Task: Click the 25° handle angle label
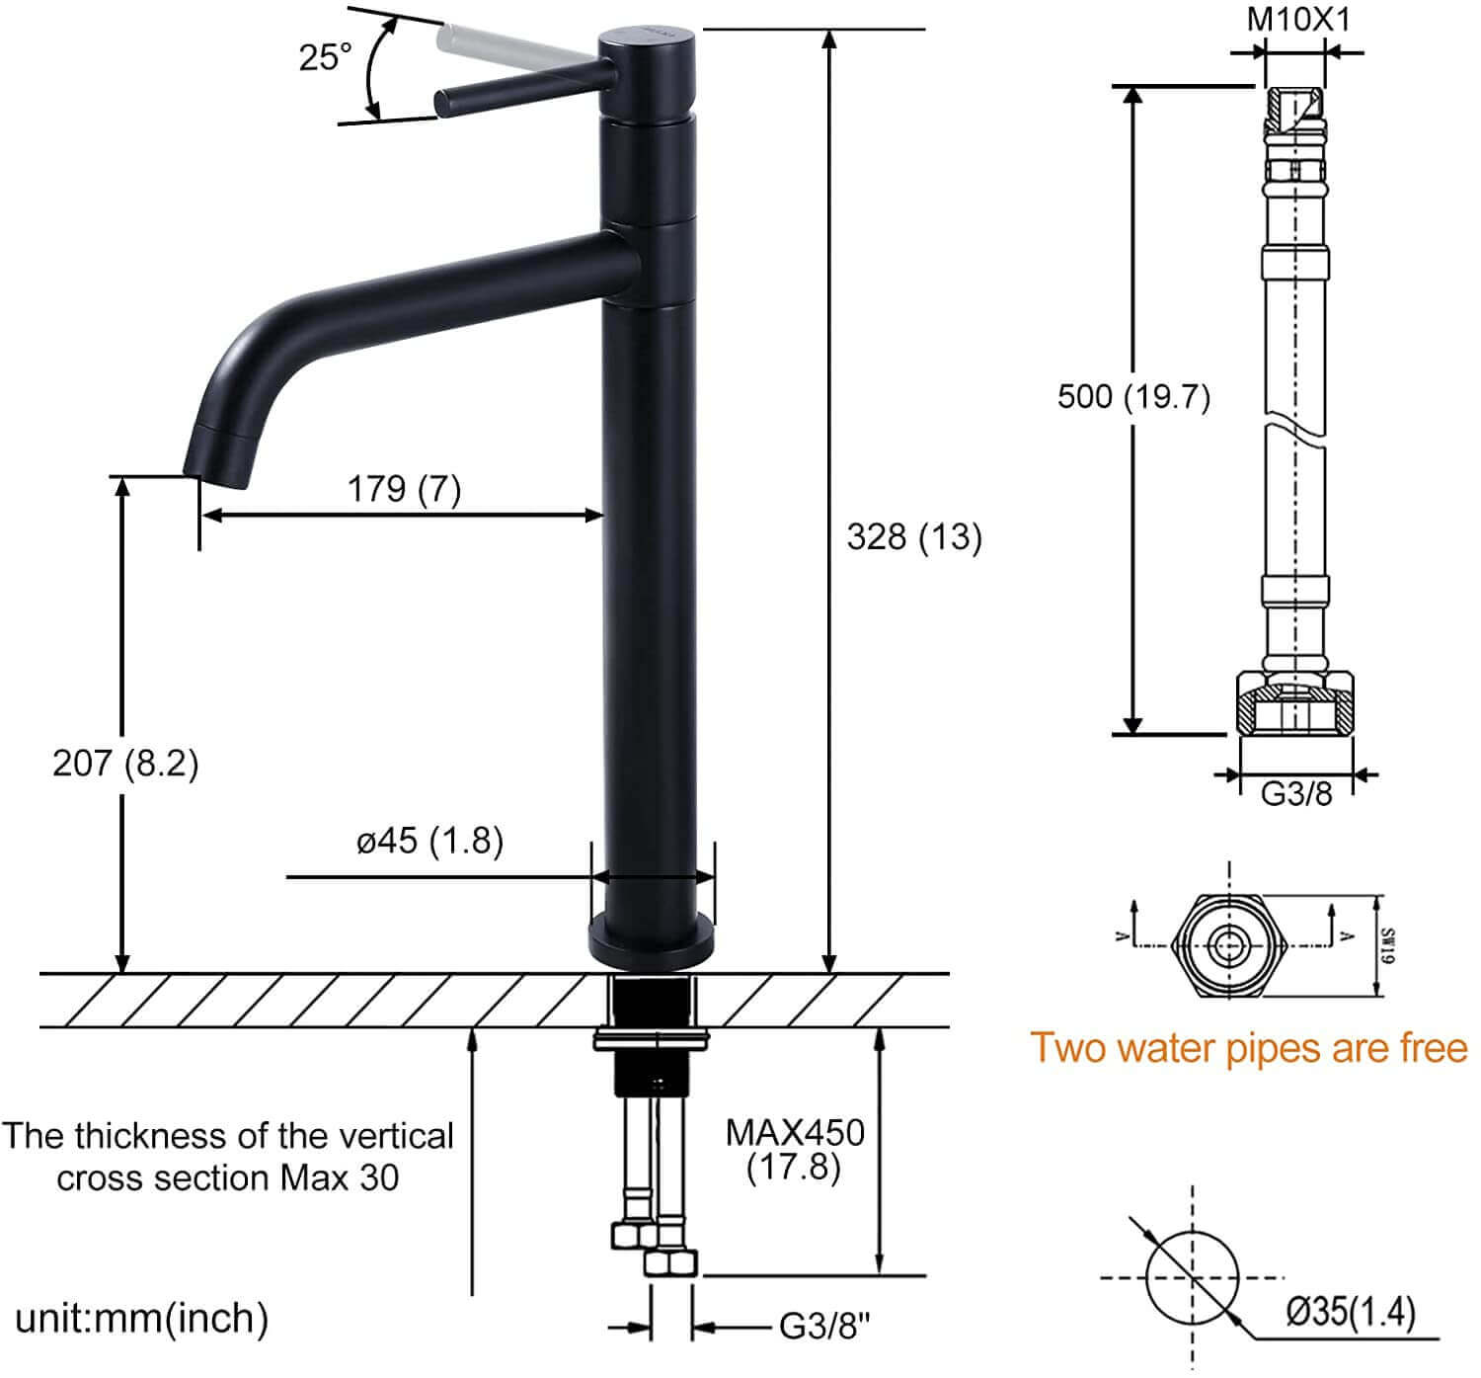click(x=325, y=57)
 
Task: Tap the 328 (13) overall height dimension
click(x=913, y=537)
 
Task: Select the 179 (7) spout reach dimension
click(x=404, y=488)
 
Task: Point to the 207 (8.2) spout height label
click(x=125, y=763)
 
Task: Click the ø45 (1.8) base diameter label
click(x=429, y=841)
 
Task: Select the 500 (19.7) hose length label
click(x=1132, y=397)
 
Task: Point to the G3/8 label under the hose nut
click(x=1295, y=793)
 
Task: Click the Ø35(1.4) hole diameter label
click(x=1351, y=1312)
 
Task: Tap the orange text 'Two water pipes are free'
click(x=1248, y=1047)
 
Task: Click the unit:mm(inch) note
click(x=141, y=1318)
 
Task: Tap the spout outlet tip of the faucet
click(x=222, y=464)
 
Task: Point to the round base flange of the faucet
click(x=652, y=940)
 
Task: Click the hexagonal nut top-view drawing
click(x=1229, y=944)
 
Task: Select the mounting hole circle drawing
click(x=1193, y=1277)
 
